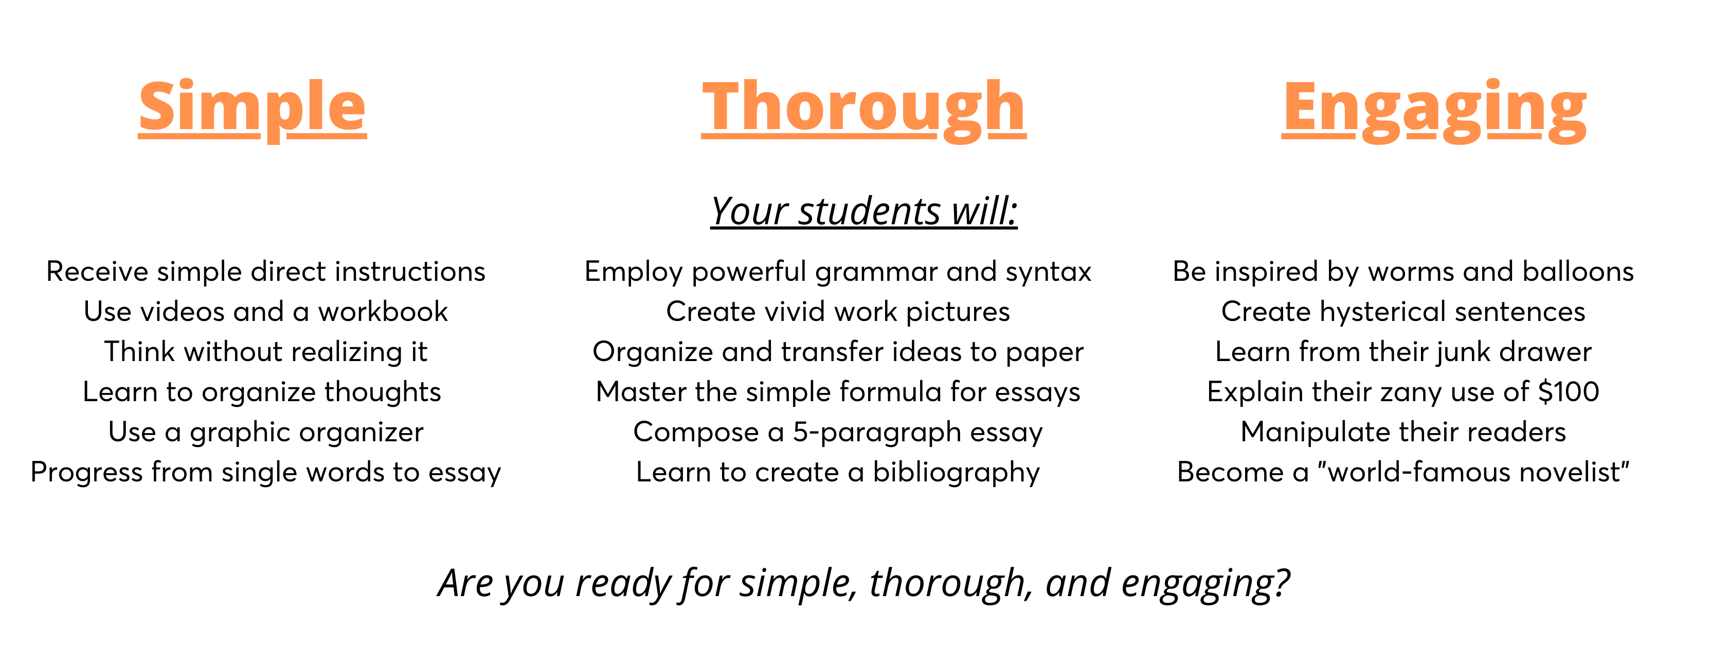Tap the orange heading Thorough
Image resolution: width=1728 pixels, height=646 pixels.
[x=864, y=110]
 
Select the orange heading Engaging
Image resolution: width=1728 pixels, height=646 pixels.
[x=1434, y=110]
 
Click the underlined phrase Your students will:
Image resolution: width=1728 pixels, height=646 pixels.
[x=864, y=212]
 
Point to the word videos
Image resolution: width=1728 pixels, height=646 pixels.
[x=177, y=311]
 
